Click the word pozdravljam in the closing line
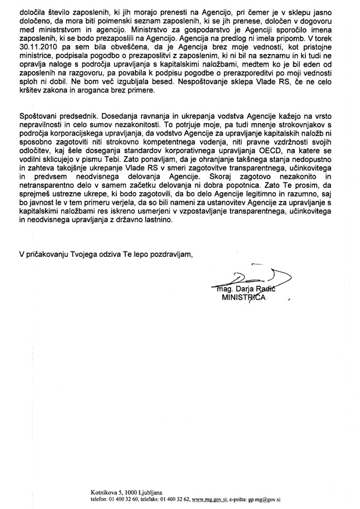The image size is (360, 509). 167,255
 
